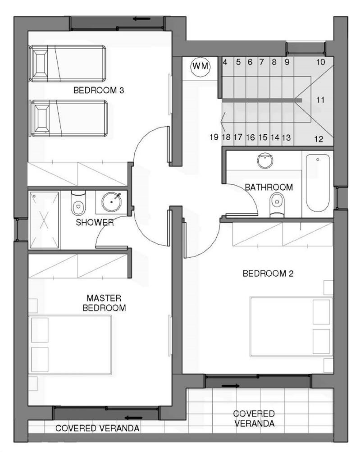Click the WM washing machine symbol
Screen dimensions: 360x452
pyautogui.click(x=201, y=67)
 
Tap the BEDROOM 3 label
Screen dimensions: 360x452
pyautogui.click(x=99, y=90)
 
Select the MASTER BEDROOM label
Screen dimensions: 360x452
pyautogui.click(x=104, y=303)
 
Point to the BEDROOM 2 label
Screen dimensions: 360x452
pyautogui.click(x=268, y=273)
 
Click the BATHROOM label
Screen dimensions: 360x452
pyautogui.click(x=269, y=187)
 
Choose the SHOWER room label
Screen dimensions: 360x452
pyautogui.click(x=95, y=222)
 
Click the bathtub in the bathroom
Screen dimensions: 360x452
pyautogui.click(x=318, y=183)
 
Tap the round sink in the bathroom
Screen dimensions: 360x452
pyautogui.click(x=265, y=161)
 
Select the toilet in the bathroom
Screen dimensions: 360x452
pyautogui.click(x=277, y=205)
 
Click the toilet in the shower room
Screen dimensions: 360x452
pyautogui.click(x=78, y=202)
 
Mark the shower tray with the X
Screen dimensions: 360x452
pyautogui.click(x=44, y=219)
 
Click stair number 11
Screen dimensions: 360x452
pyautogui.click(x=320, y=100)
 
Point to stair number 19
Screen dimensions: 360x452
pyautogui.click(x=214, y=137)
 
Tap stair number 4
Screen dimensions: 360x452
pyautogui.click(x=225, y=62)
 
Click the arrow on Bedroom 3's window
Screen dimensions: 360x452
pyautogui.click(x=142, y=19)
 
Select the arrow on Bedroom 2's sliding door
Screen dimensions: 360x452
pyautogui.click(x=231, y=386)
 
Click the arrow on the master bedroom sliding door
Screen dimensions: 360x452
pyautogui.click(x=134, y=418)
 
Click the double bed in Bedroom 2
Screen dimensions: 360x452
pyautogui.click(x=291, y=327)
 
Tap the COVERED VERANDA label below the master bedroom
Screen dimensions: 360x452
pyautogui.click(x=97, y=428)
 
